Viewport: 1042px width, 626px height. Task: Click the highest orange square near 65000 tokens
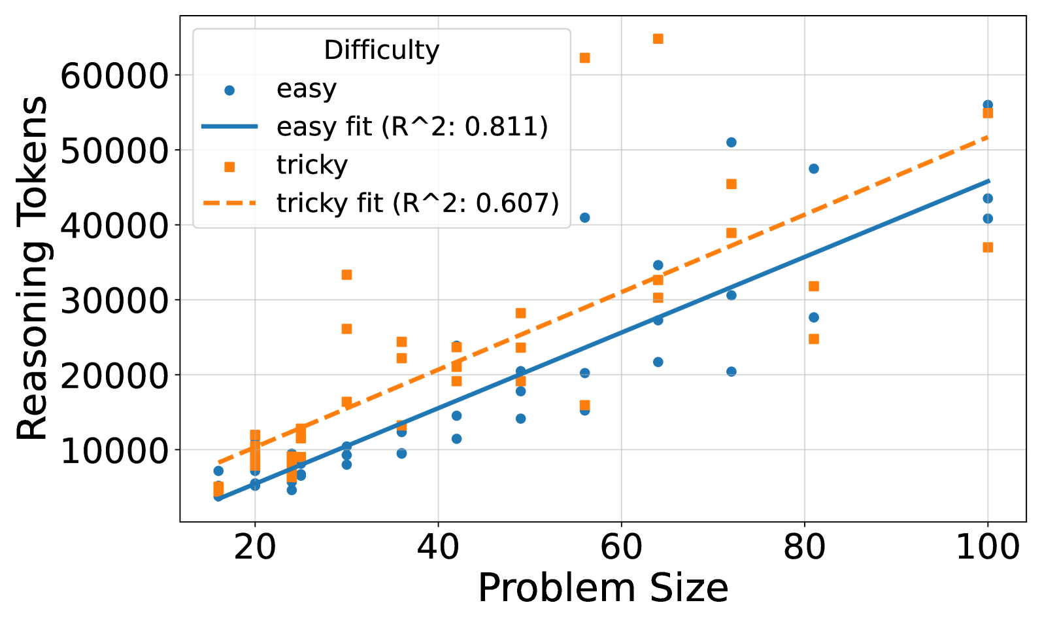tap(658, 39)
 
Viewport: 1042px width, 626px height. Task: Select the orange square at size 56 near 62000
tap(585, 58)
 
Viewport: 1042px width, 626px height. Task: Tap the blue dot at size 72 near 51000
tap(731, 142)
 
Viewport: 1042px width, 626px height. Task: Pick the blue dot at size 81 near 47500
tap(814, 168)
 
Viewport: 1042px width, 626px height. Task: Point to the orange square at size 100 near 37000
tap(988, 247)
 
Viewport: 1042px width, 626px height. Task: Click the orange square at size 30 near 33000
tap(347, 274)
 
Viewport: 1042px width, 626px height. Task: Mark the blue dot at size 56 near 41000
tap(585, 217)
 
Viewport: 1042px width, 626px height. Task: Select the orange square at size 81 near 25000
tap(814, 338)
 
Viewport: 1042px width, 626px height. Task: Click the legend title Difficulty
tap(382, 50)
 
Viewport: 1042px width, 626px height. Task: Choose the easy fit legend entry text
tap(412, 126)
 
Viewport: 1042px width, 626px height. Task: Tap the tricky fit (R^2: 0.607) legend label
tap(418, 203)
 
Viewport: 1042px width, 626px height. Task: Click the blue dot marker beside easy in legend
tap(229, 90)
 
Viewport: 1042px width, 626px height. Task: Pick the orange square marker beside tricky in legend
tap(229, 167)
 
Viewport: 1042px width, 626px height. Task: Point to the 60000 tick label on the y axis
tap(114, 76)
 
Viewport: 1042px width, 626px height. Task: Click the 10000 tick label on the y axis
tap(114, 451)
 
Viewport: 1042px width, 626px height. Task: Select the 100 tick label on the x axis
tap(987, 547)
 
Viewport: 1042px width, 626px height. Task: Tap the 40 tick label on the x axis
tap(438, 547)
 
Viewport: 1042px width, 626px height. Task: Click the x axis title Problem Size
tap(603, 588)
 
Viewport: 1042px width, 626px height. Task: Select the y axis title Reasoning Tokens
tap(33, 268)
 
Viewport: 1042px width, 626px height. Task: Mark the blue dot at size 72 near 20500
tap(731, 371)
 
